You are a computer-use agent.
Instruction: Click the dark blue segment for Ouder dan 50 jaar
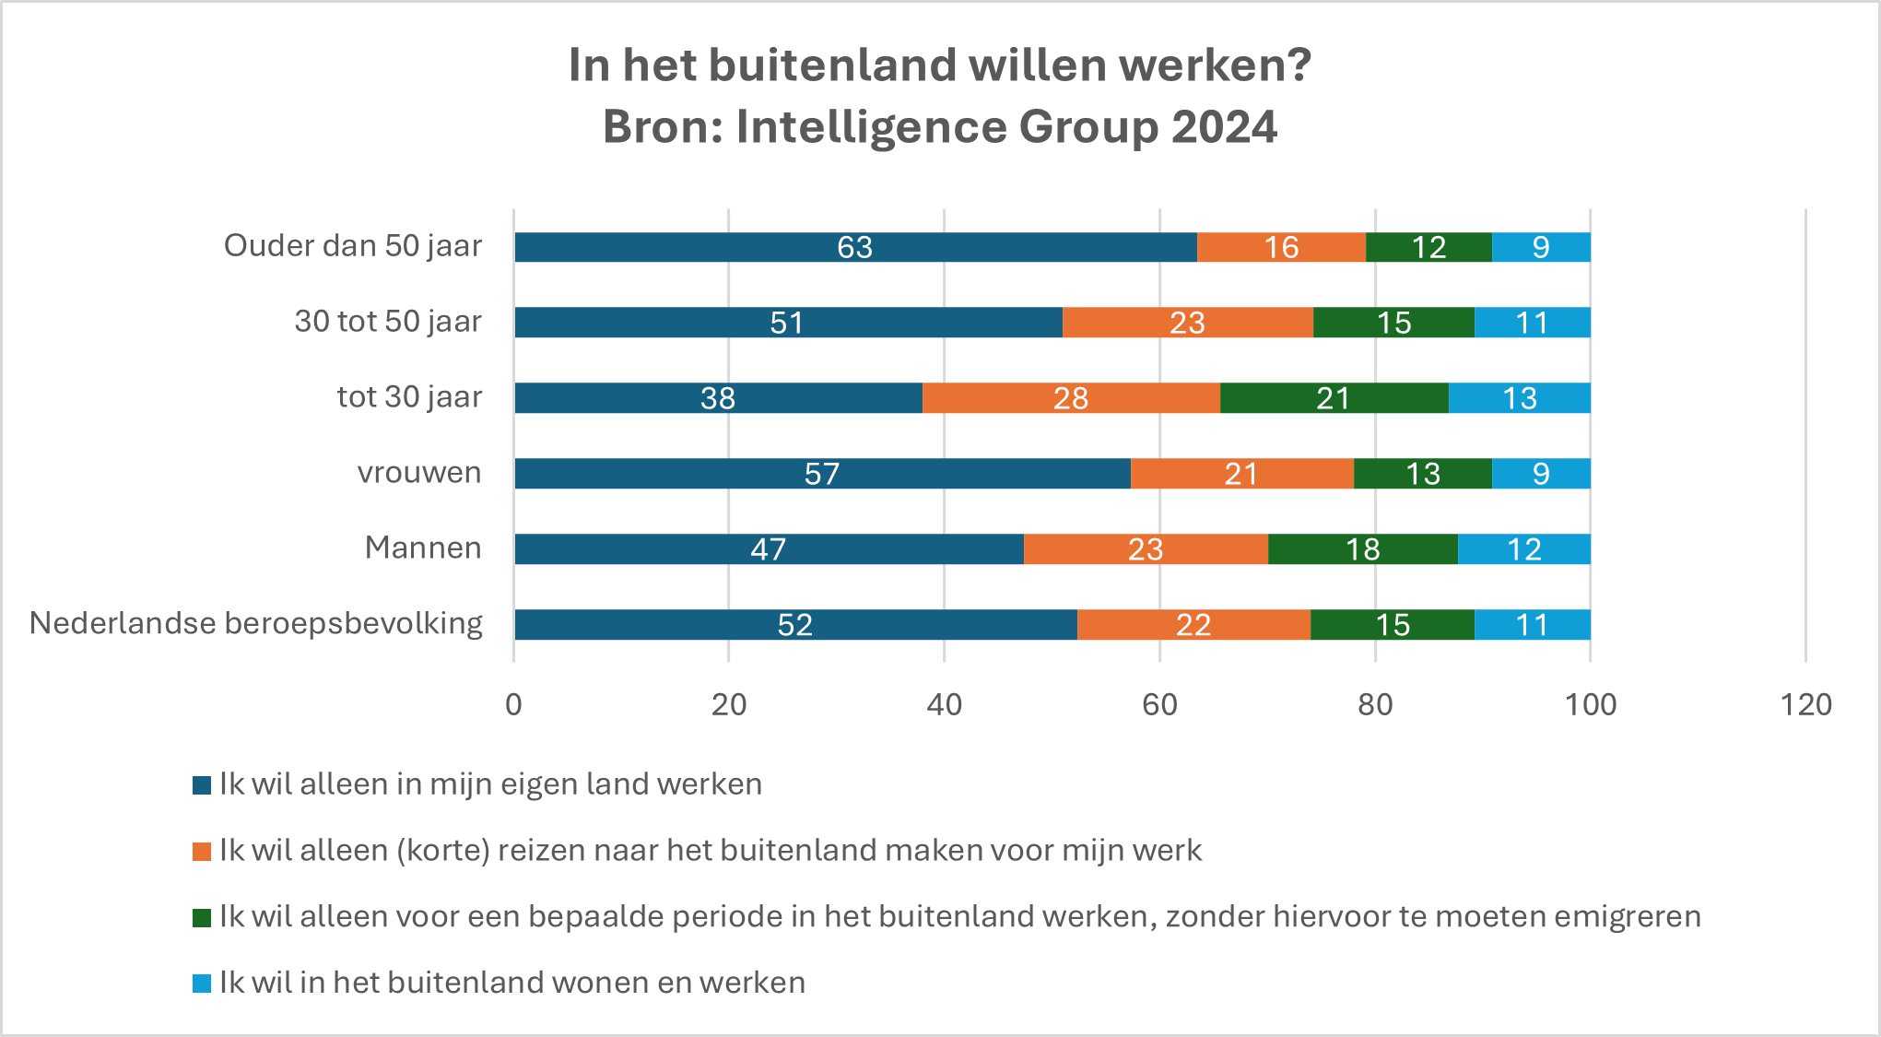700,247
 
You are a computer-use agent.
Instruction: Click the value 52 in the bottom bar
794,625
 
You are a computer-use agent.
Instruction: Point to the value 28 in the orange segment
1071,398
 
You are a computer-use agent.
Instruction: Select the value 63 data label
854,247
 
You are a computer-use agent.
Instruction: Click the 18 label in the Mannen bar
1362,549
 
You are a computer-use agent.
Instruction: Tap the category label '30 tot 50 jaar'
388,321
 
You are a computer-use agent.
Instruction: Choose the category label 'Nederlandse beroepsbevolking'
256,623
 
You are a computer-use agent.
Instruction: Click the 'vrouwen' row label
419,472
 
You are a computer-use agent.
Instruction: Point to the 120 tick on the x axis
1805,705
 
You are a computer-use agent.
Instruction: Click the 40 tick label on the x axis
944,705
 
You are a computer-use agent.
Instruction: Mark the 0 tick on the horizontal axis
513,705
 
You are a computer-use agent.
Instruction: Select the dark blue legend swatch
202,785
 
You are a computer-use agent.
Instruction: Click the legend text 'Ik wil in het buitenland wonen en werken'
511,983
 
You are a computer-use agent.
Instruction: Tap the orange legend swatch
202,852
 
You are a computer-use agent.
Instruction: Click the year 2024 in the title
1224,126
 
